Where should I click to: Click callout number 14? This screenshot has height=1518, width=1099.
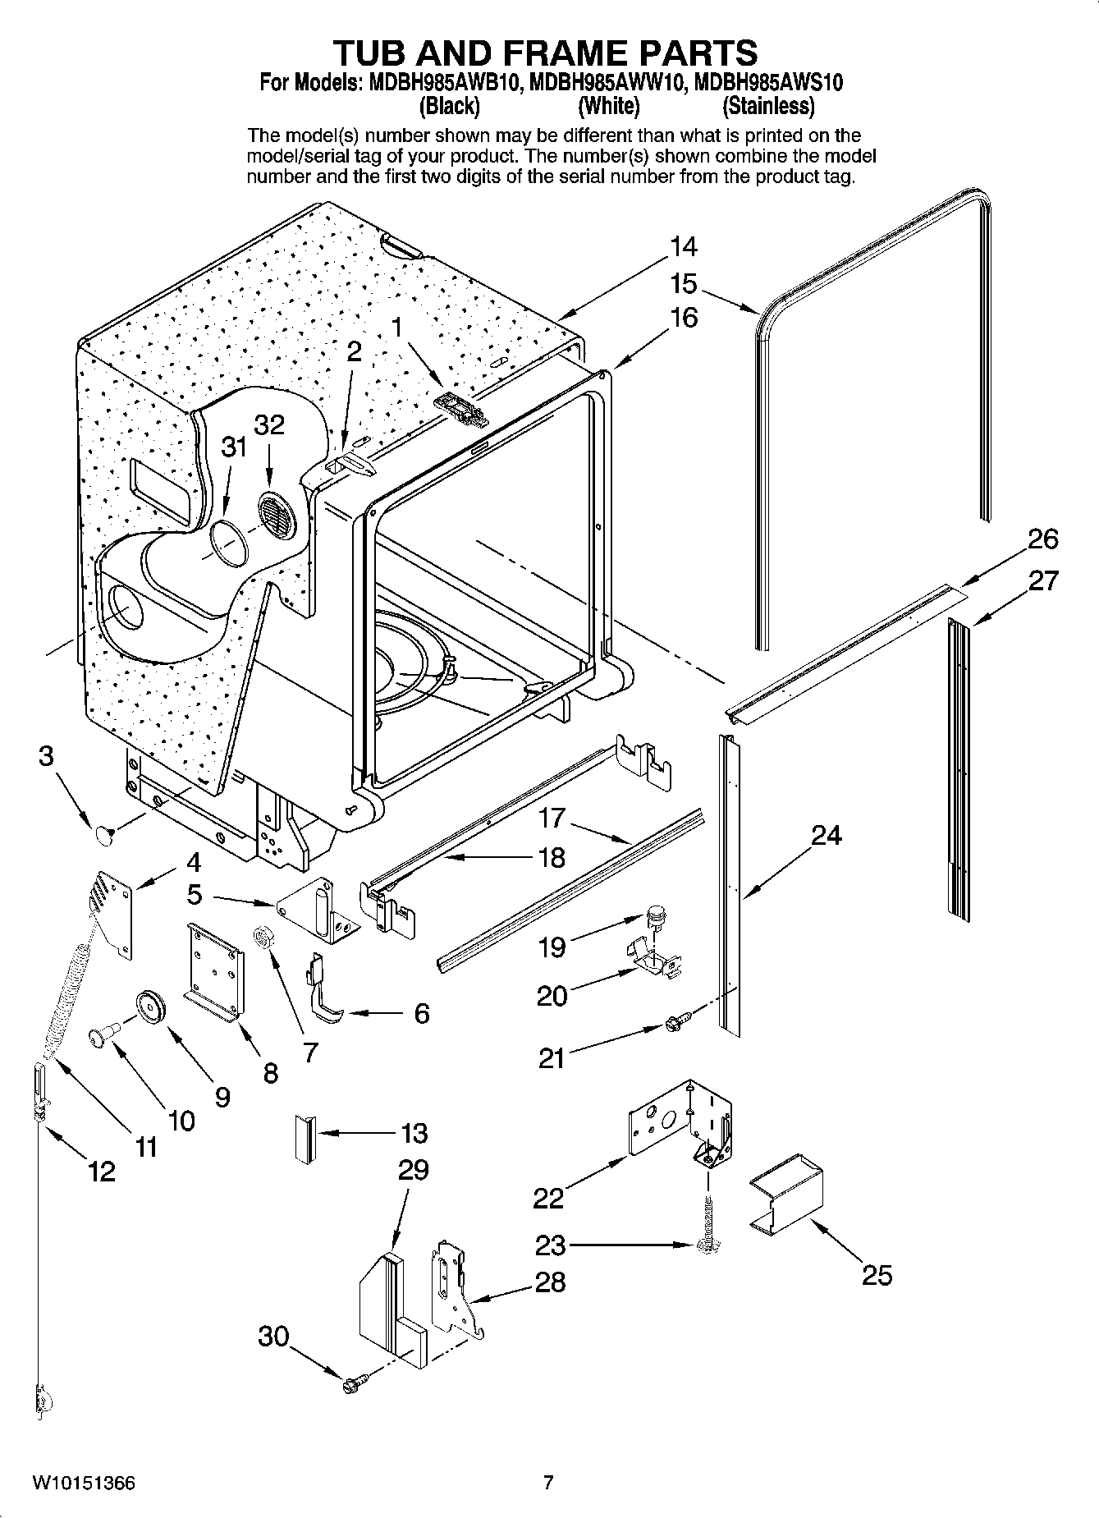click(x=683, y=245)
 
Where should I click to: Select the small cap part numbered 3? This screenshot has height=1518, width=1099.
click(x=103, y=835)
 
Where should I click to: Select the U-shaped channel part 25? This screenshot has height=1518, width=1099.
click(x=786, y=1196)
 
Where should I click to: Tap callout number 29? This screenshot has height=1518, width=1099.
click(x=413, y=1168)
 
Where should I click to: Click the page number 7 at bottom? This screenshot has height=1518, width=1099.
click(x=548, y=1482)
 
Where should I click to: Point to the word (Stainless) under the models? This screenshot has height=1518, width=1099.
click(x=768, y=106)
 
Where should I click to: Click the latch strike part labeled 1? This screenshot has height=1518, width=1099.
click(x=461, y=408)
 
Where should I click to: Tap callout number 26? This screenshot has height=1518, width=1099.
click(x=1042, y=539)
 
